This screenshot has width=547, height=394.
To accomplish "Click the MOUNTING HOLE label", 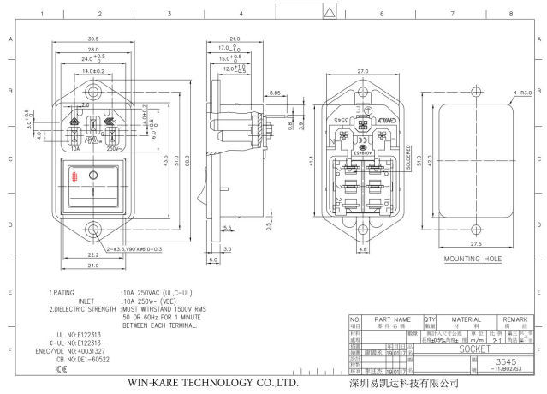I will [x=473, y=257].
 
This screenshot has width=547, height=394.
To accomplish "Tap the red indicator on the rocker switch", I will [x=75, y=177].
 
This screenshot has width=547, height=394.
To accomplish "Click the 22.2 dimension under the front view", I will [x=92, y=254].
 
